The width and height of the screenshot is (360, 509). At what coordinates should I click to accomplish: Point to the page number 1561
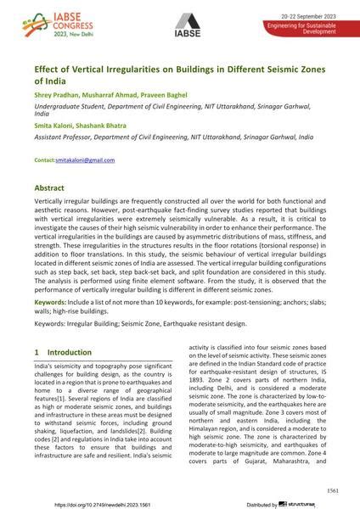point(333,491)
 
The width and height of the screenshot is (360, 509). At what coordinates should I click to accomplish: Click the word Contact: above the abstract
point(44,160)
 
